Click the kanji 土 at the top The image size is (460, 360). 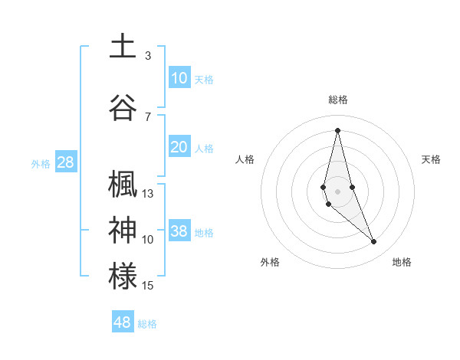(123, 46)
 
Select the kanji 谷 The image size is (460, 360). (123, 107)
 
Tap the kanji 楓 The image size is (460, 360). (123, 184)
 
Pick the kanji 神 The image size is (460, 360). (123, 229)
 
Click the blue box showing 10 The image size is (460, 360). (179, 78)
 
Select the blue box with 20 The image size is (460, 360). (179, 148)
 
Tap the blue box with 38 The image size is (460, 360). (179, 232)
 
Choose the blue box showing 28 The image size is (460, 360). (65, 162)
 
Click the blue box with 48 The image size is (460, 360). (123, 322)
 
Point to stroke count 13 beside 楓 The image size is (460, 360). (148, 194)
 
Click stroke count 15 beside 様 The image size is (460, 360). (148, 286)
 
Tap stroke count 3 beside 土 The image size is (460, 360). (148, 56)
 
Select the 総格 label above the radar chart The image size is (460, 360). (337, 100)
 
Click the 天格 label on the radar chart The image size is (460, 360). (431, 159)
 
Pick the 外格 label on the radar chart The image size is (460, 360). (270, 262)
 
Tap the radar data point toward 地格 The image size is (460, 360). (374, 242)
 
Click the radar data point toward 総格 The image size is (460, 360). (337, 129)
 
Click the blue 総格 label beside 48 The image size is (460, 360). (147, 324)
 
